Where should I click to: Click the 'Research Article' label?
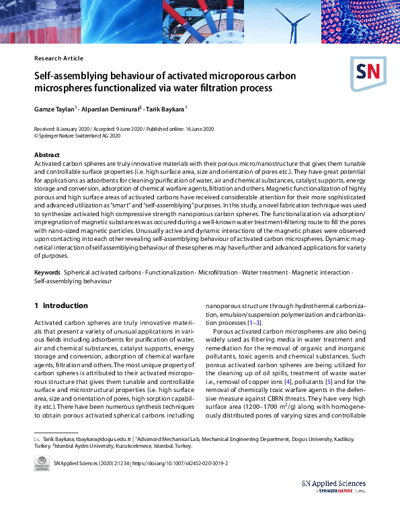[x=58, y=58]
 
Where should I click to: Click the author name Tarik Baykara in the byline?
[x=167, y=108]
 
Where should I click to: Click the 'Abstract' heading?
[x=47, y=155]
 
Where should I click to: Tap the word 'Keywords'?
[x=48, y=273]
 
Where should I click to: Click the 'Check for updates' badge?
[x=42, y=464]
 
